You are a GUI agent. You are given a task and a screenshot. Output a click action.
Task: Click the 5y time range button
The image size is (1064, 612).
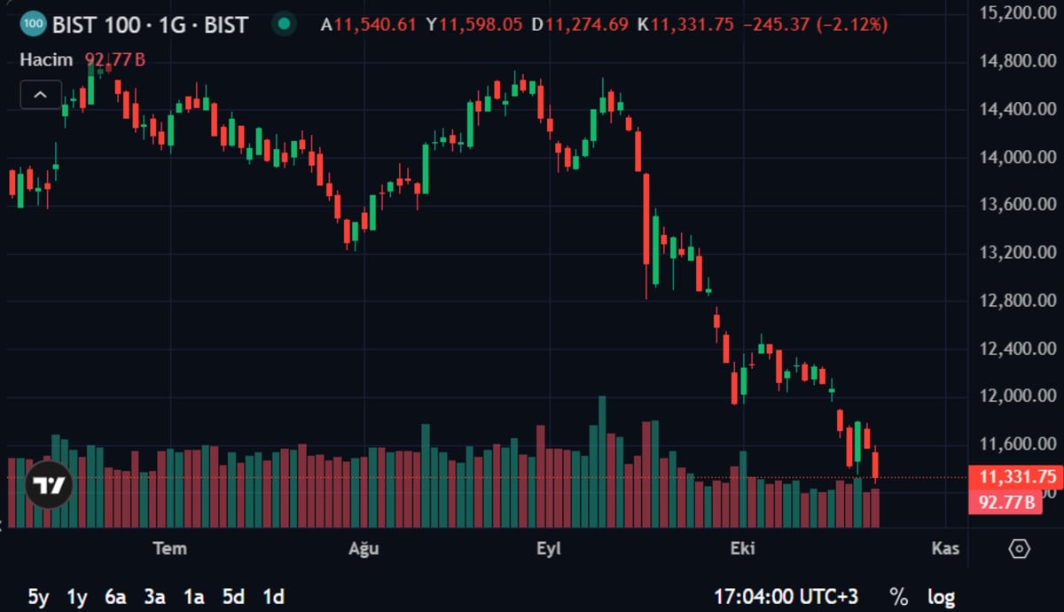(x=38, y=597)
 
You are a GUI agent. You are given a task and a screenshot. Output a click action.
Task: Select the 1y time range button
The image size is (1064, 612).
(x=77, y=597)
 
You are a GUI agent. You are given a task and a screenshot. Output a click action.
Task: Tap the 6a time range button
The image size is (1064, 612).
(x=115, y=597)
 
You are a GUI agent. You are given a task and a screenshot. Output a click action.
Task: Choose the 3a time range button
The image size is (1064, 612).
(x=155, y=597)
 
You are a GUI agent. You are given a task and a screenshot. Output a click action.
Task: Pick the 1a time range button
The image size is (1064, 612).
(x=194, y=597)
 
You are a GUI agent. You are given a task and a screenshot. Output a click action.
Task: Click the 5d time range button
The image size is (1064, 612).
(x=233, y=597)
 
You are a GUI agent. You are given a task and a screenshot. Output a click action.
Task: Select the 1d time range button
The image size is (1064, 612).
(x=273, y=597)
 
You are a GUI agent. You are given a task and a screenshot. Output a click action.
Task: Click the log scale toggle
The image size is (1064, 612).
(x=941, y=598)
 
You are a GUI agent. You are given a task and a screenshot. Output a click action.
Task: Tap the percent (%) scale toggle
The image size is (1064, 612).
(x=899, y=597)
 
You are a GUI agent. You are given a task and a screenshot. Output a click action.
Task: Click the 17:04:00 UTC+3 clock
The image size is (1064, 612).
(x=786, y=597)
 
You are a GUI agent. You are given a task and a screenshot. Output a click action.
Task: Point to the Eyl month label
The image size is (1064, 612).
(x=549, y=549)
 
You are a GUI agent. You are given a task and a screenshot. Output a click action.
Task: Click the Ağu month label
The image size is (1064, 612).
(x=364, y=549)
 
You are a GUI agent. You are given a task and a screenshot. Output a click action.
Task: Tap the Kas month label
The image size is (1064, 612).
(x=945, y=549)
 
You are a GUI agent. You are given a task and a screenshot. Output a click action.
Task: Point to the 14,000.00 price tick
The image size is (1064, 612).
(x=1018, y=157)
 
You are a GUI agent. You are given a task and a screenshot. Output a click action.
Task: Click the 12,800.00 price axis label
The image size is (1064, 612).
(x=1018, y=301)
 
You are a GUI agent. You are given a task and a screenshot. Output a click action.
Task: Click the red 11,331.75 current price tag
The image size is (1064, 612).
(x=1015, y=476)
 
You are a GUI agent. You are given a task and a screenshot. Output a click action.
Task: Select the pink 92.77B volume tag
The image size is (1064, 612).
(x=1005, y=502)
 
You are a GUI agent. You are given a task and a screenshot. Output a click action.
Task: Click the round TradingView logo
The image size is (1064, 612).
(x=49, y=485)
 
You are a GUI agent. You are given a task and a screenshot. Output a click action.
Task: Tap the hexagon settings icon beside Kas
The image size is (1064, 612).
(x=1019, y=549)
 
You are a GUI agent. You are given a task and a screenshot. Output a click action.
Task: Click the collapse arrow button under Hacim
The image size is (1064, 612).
(x=41, y=95)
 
